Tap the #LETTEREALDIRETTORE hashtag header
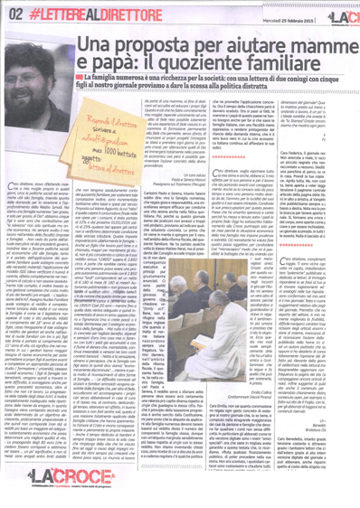coord(64,13)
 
